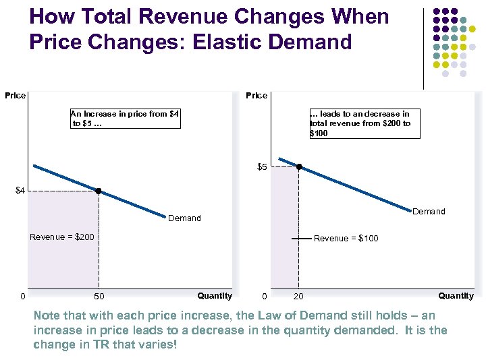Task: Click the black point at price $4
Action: [99, 191]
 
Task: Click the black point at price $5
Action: [300, 166]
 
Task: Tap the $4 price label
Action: [20, 191]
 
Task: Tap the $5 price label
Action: [263, 166]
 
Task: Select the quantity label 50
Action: [99, 297]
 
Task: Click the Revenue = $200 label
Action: [62, 237]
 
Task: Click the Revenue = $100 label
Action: [346, 239]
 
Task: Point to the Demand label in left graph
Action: [184, 218]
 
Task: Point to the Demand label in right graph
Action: [429, 212]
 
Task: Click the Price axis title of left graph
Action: [15, 96]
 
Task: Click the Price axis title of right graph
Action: [256, 96]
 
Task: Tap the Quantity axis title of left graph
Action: [215, 295]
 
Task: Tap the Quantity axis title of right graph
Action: [456, 295]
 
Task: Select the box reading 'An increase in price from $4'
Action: [125, 119]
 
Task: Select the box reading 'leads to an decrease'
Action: [364, 123]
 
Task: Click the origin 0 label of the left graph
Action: [22, 297]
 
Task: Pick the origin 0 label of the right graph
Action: [264, 297]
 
